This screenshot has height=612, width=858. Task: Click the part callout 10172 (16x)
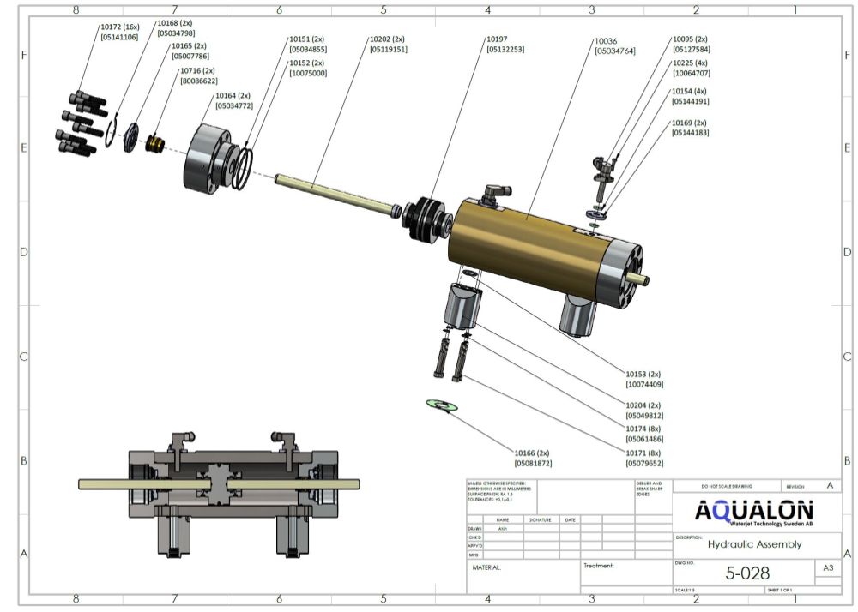119,27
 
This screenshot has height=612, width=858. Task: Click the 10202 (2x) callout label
387,39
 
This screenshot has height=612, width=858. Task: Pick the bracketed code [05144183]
691,133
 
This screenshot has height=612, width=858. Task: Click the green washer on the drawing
443,405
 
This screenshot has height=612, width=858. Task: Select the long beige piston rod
335,192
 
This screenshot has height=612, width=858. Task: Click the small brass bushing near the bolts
155,142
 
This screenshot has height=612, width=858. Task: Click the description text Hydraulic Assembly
754,543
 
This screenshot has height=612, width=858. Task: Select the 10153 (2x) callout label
643,374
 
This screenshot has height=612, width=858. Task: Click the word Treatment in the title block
599,566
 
